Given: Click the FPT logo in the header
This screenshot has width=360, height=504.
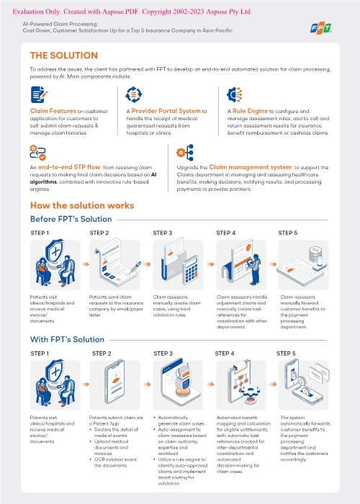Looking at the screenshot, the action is tap(321, 28).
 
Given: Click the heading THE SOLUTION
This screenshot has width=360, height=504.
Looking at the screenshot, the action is tap(64, 55).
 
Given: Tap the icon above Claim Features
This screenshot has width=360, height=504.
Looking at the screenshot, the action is tap(39, 94).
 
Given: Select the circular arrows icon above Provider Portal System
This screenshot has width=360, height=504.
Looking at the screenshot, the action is tap(133, 94).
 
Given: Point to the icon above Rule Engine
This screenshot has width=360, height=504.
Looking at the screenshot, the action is tap(234, 94).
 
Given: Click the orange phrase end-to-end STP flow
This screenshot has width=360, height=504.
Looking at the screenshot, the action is tap(69, 167).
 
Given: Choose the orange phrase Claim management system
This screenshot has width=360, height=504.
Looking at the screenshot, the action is tap(250, 167).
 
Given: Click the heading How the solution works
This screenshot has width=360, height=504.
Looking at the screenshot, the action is tap(82, 205).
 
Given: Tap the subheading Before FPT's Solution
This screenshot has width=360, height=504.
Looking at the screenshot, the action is tap(71, 219).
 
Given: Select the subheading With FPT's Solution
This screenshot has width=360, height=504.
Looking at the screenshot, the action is tap(67, 339).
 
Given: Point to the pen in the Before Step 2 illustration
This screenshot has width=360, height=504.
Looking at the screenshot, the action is tap(135, 267).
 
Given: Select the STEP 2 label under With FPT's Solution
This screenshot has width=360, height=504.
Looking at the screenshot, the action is tap(102, 354).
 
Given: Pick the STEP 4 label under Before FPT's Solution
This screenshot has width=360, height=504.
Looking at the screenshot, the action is tap(225, 233).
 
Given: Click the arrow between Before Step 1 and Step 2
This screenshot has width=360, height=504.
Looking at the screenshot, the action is tap(85, 264).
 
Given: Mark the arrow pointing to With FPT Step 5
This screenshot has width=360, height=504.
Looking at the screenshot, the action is tap(273, 384).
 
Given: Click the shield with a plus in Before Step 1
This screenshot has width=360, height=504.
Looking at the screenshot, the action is tap(55, 251).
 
